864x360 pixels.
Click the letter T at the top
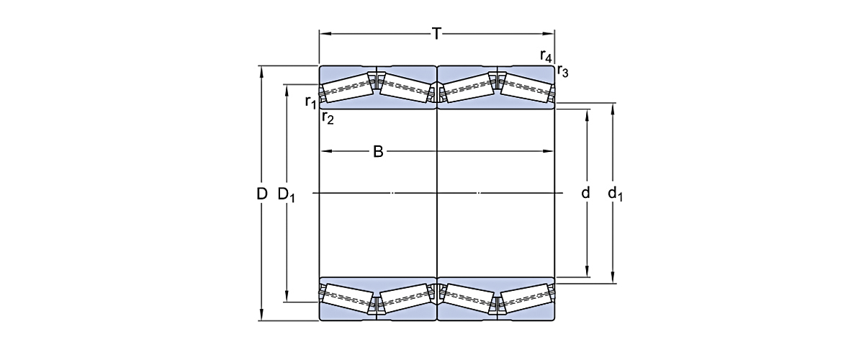tap(436, 33)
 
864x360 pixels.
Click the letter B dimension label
tap(377, 152)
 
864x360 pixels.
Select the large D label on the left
tap(262, 194)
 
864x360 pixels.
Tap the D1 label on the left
tap(287, 194)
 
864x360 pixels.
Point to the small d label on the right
tap(586, 193)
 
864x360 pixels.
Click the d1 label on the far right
tap(613, 193)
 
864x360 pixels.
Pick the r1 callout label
tap(310, 102)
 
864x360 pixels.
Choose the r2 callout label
tap(328, 117)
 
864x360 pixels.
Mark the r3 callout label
tap(562, 71)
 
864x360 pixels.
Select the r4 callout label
tap(546, 55)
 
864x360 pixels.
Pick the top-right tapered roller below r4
tap(526, 88)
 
